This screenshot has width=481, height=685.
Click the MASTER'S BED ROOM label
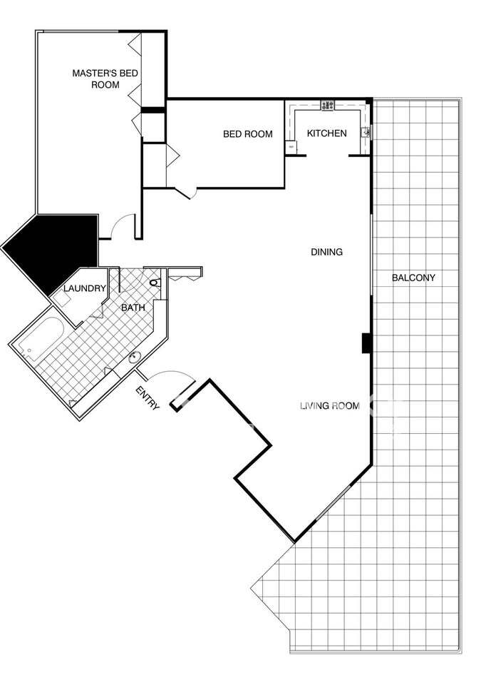[x=105, y=78]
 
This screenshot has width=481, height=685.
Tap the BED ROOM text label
[x=248, y=134]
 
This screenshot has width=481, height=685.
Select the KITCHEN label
[x=327, y=133]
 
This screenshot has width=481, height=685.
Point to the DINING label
[x=326, y=252]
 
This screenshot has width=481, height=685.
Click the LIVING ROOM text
[x=330, y=406]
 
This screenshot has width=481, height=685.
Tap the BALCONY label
[x=413, y=278]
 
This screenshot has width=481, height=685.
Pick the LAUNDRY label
[x=85, y=288]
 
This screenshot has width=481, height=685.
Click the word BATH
[x=133, y=308]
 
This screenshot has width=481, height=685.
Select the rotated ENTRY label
[x=148, y=398]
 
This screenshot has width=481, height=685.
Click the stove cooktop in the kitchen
[x=328, y=106]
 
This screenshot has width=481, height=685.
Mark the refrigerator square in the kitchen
[x=290, y=147]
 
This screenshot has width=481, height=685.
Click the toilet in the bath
[x=156, y=283]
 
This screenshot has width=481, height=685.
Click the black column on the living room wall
[x=366, y=342]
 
